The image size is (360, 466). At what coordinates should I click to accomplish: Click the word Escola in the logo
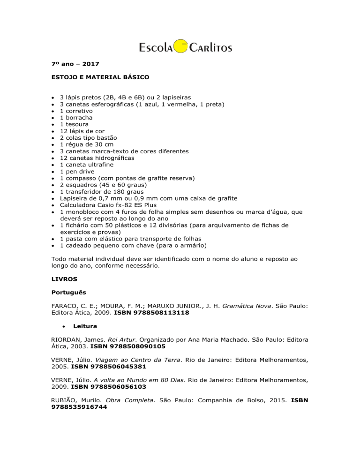click(x=156, y=47)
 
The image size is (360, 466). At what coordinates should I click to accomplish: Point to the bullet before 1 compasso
click(x=52, y=179)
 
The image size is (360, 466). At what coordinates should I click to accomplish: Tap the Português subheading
click(x=68, y=293)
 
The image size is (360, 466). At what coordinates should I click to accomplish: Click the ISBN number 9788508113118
click(x=157, y=313)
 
